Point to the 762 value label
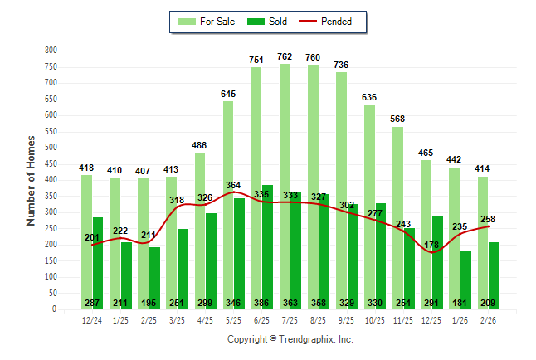(285, 56)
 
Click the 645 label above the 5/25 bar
(228, 94)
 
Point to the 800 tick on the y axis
(51, 51)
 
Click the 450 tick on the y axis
(51, 164)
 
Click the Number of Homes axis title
(31, 180)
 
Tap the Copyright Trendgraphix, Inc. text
(290, 339)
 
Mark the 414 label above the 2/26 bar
(483, 169)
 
